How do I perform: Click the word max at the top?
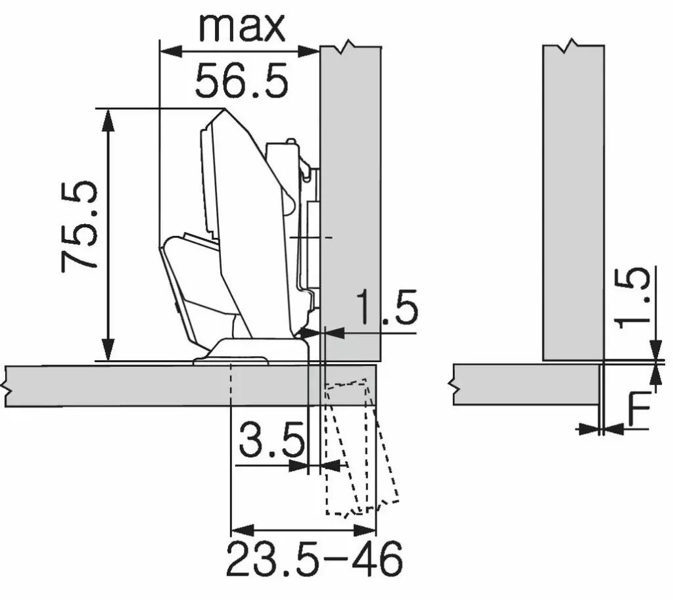tap(242, 28)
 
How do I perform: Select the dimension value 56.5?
tap(241, 80)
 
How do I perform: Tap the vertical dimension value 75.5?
tap(80, 227)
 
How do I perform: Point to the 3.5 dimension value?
tap(271, 440)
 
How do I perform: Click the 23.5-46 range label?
tap(314, 559)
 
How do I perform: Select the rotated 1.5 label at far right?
tap(632, 298)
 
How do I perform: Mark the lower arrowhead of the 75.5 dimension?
tap(108, 350)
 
